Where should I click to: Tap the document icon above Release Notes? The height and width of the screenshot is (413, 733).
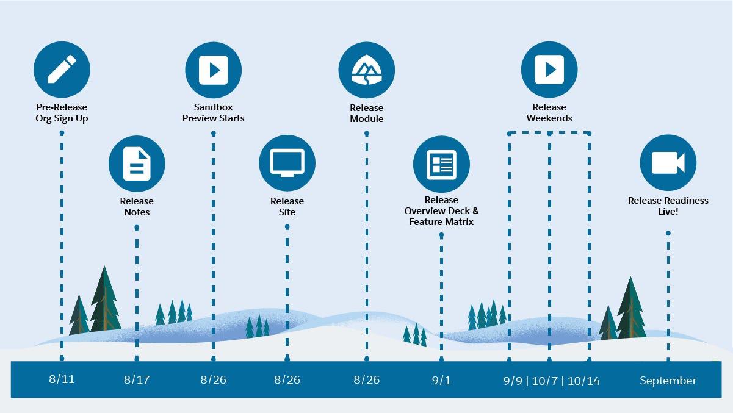(137, 163)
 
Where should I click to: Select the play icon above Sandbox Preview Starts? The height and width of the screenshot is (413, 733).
(213, 70)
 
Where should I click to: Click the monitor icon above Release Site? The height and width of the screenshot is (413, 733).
(287, 163)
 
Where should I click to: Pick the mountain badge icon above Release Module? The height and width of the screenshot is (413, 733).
(366, 70)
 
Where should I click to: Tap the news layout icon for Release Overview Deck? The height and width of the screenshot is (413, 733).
(441, 163)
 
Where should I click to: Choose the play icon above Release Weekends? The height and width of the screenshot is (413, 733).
(549, 70)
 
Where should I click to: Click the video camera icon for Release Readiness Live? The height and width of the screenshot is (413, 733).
(668, 163)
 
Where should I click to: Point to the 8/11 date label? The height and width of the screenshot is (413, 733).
(62, 379)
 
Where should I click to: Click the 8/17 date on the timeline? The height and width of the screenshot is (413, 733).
(137, 380)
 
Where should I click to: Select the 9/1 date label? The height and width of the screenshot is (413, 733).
(441, 380)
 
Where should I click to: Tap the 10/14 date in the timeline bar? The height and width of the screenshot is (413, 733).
(583, 381)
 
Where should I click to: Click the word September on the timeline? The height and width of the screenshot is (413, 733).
(668, 381)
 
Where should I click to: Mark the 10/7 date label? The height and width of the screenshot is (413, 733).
(546, 381)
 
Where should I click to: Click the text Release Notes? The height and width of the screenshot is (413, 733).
(137, 206)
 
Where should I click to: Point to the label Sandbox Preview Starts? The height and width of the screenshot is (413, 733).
(213, 112)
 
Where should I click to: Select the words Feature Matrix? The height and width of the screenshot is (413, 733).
(441, 222)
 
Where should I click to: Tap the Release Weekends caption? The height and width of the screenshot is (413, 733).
(549, 112)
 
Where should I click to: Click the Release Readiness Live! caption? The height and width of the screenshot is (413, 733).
(668, 206)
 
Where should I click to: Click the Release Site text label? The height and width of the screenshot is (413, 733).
(287, 206)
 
